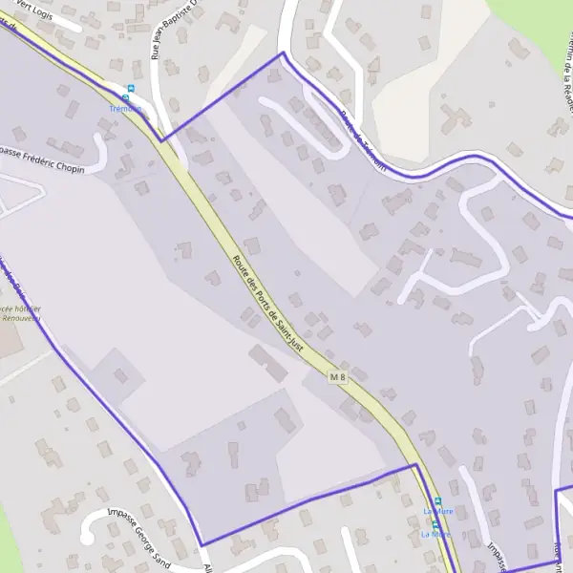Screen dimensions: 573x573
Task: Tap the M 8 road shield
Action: pos(336,378)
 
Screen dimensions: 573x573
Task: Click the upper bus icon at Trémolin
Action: pos(131,89)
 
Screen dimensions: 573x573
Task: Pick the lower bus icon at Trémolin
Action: pos(125,98)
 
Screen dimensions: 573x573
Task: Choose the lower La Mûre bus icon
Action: pos(435,523)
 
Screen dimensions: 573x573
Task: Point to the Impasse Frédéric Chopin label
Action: pos(43,160)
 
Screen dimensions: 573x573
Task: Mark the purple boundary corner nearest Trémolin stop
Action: pos(161,140)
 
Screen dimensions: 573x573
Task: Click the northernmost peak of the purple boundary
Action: pos(282,53)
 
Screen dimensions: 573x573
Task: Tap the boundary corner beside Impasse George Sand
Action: pos(203,544)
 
